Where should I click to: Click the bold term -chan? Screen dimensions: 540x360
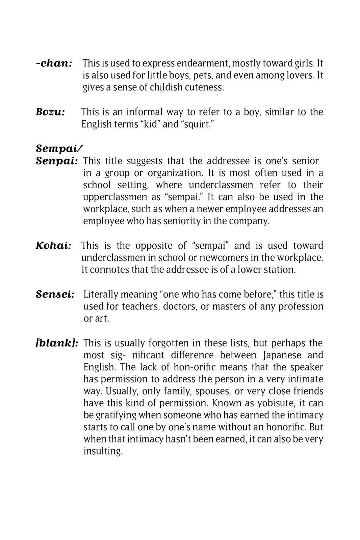point(54,63)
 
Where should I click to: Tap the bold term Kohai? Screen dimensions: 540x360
point(53,245)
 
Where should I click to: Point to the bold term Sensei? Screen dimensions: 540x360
point(55,294)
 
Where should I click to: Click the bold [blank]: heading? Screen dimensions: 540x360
point(57,343)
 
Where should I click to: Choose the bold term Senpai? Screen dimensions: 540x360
point(57,161)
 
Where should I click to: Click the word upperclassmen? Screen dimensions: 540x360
point(114,197)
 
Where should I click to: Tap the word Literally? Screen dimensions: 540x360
point(101,294)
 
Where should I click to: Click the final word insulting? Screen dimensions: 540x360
point(103,451)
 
